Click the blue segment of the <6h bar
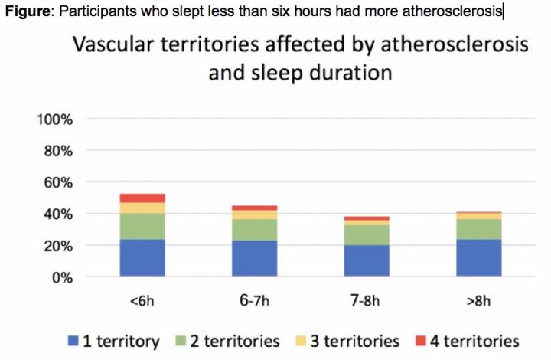click(142, 257)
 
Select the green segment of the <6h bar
click(142, 226)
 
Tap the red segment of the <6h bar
click(142, 198)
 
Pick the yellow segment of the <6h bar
click(142, 208)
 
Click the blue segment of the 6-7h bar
click(255, 258)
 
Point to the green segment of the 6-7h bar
click(255, 230)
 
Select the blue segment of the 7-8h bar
click(367, 260)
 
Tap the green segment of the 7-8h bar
click(367, 234)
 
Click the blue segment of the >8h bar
click(478, 257)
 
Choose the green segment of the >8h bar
click(478, 229)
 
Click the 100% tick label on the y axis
click(54, 119)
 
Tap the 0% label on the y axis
click(60, 277)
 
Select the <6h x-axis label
click(142, 300)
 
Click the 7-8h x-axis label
click(367, 300)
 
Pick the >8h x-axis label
click(478, 300)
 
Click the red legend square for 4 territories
click(423, 341)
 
